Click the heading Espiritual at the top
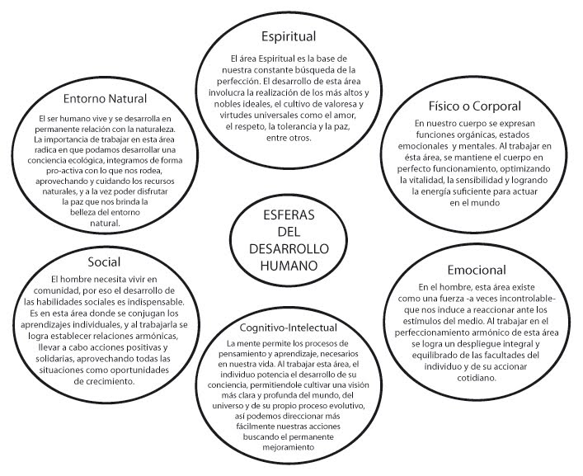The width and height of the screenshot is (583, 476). tap(289, 37)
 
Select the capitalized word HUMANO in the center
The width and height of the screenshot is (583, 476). tap(288, 266)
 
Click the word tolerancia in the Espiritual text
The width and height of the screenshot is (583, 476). tap(297, 129)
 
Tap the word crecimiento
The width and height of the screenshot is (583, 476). tap(133, 382)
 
